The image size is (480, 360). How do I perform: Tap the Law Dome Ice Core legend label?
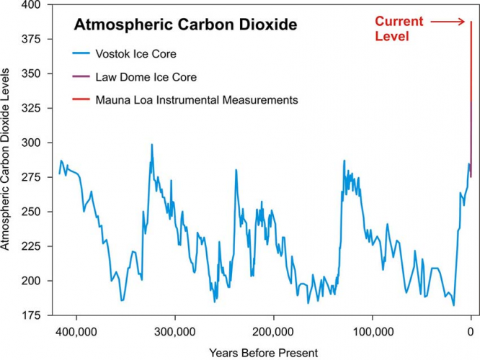pos(146,76)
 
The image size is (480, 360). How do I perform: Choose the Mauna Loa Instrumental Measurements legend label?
pos(197,100)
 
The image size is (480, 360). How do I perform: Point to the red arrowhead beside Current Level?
pos(465,22)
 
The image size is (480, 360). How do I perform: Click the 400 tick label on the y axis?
pos(32,6)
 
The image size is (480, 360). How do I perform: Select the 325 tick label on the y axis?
pos(32,109)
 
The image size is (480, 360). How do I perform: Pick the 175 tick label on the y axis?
pos(32,315)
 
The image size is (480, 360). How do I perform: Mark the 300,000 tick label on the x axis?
pos(174,333)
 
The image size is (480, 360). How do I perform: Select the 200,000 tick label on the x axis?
pos(273,333)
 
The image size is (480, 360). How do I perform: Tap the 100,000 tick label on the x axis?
pos(372,333)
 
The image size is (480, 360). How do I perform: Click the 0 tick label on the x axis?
pos(471,333)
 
